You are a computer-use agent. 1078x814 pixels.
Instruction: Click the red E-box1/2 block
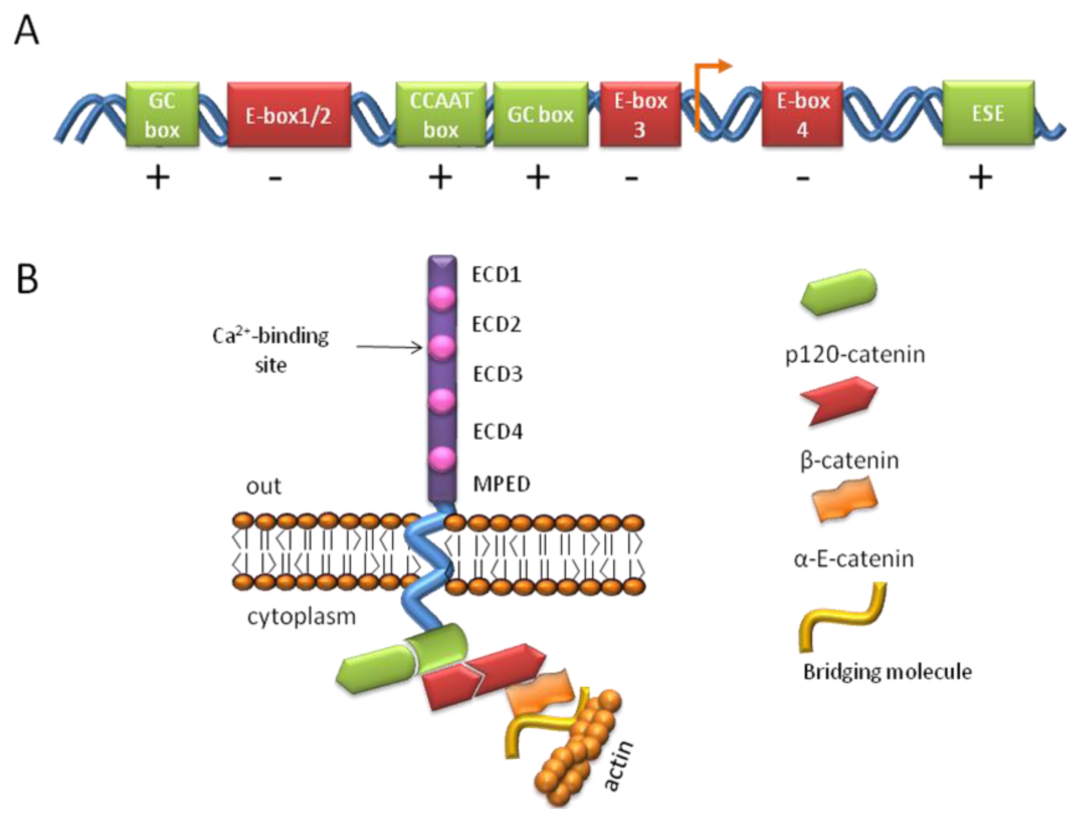[x=289, y=114]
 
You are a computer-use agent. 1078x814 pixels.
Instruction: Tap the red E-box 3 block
[x=640, y=114]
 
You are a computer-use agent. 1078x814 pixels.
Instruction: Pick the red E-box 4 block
[x=802, y=114]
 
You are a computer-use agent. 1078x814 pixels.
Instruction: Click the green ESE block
[x=988, y=113]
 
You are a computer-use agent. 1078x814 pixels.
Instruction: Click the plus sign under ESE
[x=980, y=177]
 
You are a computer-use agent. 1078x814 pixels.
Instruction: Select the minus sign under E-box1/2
[x=275, y=179]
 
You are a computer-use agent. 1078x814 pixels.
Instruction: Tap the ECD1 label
[x=496, y=275]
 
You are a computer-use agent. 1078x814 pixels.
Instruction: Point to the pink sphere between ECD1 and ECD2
[x=441, y=298]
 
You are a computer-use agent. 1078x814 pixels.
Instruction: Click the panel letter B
[x=27, y=279]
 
